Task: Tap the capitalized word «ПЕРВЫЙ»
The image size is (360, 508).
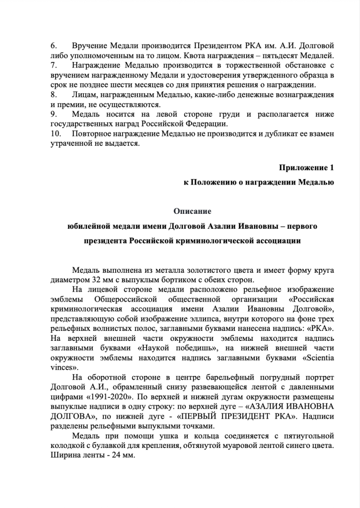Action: (x=217, y=416)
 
